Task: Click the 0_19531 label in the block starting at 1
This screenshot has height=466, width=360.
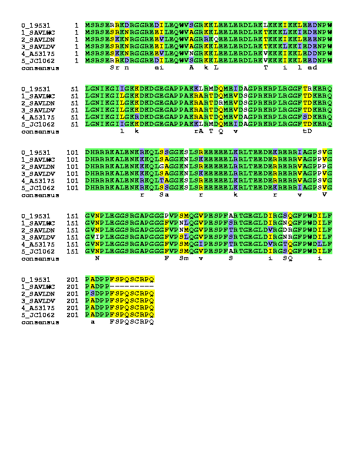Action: click(34, 25)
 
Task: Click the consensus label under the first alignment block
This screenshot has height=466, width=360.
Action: click(35, 66)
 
